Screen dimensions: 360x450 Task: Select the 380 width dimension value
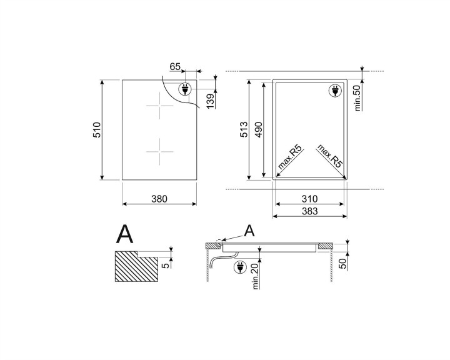[x=159, y=199]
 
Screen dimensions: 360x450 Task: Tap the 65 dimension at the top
[x=175, y=66]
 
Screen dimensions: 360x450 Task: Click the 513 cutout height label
[x=243, y=130]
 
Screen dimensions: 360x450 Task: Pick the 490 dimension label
[x=257, y=130]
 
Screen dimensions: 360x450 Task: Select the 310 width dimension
[x=309, y=199]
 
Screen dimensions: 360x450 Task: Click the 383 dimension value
[x=309, y=212]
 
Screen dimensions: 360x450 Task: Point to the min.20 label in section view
[x=254, y=275]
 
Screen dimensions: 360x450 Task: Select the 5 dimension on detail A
[x=165, y=264]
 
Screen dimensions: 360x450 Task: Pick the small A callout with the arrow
[x=249, y=231]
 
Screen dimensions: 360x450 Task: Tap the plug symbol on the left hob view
[x=186, y=89]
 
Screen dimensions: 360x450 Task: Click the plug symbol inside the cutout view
[x=336, y=91]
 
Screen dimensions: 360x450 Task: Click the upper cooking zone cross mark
[x=160, y=106]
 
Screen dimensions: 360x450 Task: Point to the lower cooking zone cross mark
[x=160, y=150]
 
